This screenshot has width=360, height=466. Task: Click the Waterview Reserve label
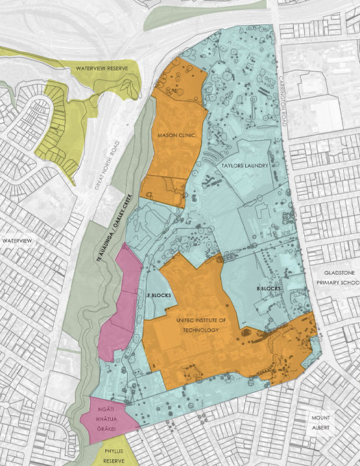point(101,68)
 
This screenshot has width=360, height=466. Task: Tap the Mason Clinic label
point(173,136)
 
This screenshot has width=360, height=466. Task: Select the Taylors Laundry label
point(245,166)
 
